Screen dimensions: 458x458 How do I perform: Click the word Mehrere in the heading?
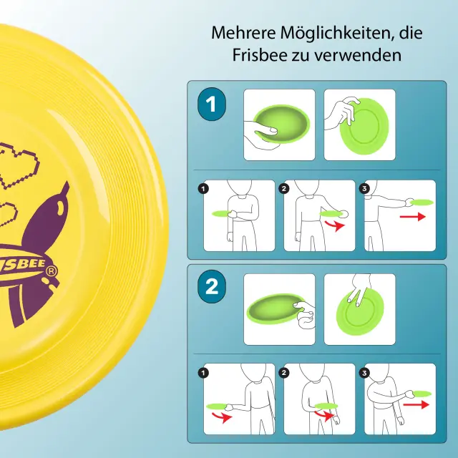pos(243,33)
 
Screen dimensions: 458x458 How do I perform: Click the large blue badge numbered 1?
pos(212,104)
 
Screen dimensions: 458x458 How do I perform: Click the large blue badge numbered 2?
pos(212,286)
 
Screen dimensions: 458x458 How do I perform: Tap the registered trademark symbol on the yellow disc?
pos(51,271)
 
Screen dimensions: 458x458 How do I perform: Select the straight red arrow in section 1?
pos(412,217)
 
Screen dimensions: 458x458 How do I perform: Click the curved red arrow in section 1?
pos(335,225)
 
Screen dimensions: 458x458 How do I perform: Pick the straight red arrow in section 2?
pos(416,404)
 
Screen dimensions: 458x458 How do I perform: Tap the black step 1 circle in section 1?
pos(203,189)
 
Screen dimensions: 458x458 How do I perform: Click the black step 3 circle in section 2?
pos(364,373)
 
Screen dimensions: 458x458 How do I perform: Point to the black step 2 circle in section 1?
pos(284,189)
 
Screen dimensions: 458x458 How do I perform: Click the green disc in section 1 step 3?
pos(422,202)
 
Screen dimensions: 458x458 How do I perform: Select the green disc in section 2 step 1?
pos(216,406)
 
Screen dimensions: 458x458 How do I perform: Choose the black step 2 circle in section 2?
pos(284,373)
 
